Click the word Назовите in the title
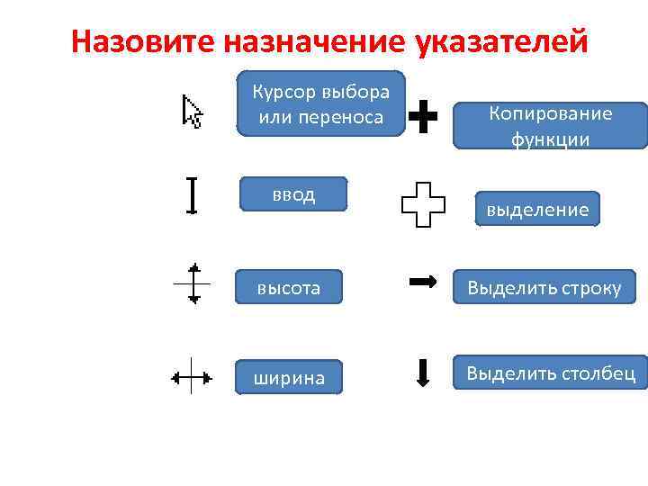[x=144, y=41]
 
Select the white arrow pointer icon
[x=192, y=112]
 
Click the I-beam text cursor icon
[x=192, y=194]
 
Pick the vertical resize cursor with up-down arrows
[x=193, y=283]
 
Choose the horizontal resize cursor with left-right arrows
[x=192, y=376]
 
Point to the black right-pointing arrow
[x=423, y=283]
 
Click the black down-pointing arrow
[x=423, y=373]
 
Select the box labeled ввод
[x=293, y=194]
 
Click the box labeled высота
[x=289, y=287]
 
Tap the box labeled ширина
[x=289, y=378]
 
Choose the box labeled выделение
[x=538, y=210]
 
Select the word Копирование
[x=550, y=113]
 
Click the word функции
[x=550, y=139]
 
